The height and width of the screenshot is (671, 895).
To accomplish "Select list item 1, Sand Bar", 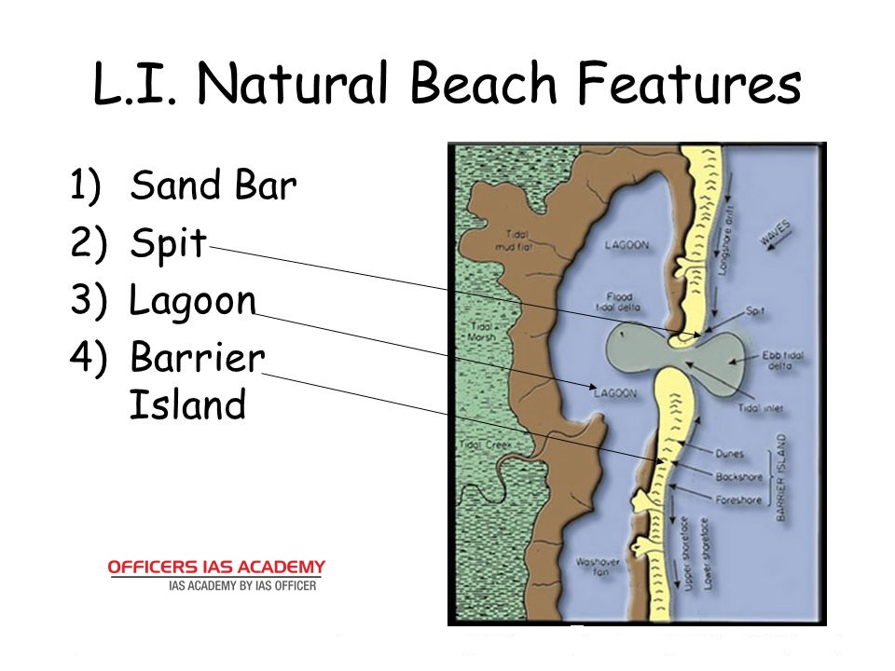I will point(213,185).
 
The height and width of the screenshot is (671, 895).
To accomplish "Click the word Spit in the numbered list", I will point(168,244).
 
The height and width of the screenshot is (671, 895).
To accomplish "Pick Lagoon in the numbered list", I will point(192,301).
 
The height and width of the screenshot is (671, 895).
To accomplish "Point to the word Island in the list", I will point(186,405).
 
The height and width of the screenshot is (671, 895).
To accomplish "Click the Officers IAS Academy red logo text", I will point(217,567).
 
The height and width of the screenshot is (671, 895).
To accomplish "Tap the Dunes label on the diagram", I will point(729,454).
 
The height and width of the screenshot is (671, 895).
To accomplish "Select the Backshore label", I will point(738,477).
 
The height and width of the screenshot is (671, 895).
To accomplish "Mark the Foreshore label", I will point(738,500).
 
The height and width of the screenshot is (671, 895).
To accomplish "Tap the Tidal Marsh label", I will point(482,332).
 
